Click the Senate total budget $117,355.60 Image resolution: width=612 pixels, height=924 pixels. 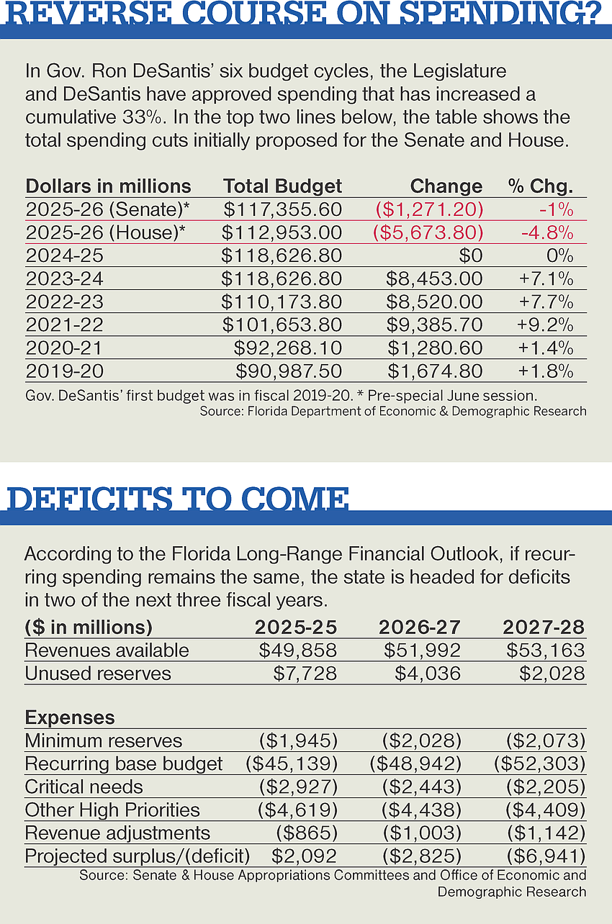(x=283, y=209)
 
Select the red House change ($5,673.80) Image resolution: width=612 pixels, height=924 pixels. (x=428, y=232)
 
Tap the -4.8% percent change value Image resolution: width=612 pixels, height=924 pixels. (x=547, y=232)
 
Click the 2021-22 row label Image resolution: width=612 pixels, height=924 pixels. (x=64, y=325)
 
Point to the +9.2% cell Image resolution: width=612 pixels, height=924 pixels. (x=545, y=325)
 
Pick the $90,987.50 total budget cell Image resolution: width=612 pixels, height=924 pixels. (x=289, y=371)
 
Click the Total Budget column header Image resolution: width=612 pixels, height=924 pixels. (x=283, y=186)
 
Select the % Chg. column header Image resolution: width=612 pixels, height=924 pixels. (x=541, y=186)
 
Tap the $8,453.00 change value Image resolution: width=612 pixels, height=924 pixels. (x=434, y=278)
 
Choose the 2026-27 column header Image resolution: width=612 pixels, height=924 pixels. (x=420, y=627)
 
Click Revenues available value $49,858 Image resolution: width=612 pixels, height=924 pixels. (x=298, y=651)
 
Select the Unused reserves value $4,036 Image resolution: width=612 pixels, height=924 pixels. (x=428, y=674)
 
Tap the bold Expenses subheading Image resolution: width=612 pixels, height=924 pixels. (x=70, y=717)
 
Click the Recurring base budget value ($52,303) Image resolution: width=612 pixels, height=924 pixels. (x=540, y=764)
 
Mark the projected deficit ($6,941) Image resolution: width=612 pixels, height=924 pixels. (x=546, y=856)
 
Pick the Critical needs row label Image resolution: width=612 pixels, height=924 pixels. (x=84, y=787)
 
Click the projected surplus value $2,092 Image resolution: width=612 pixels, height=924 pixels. (x=304, y=856)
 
